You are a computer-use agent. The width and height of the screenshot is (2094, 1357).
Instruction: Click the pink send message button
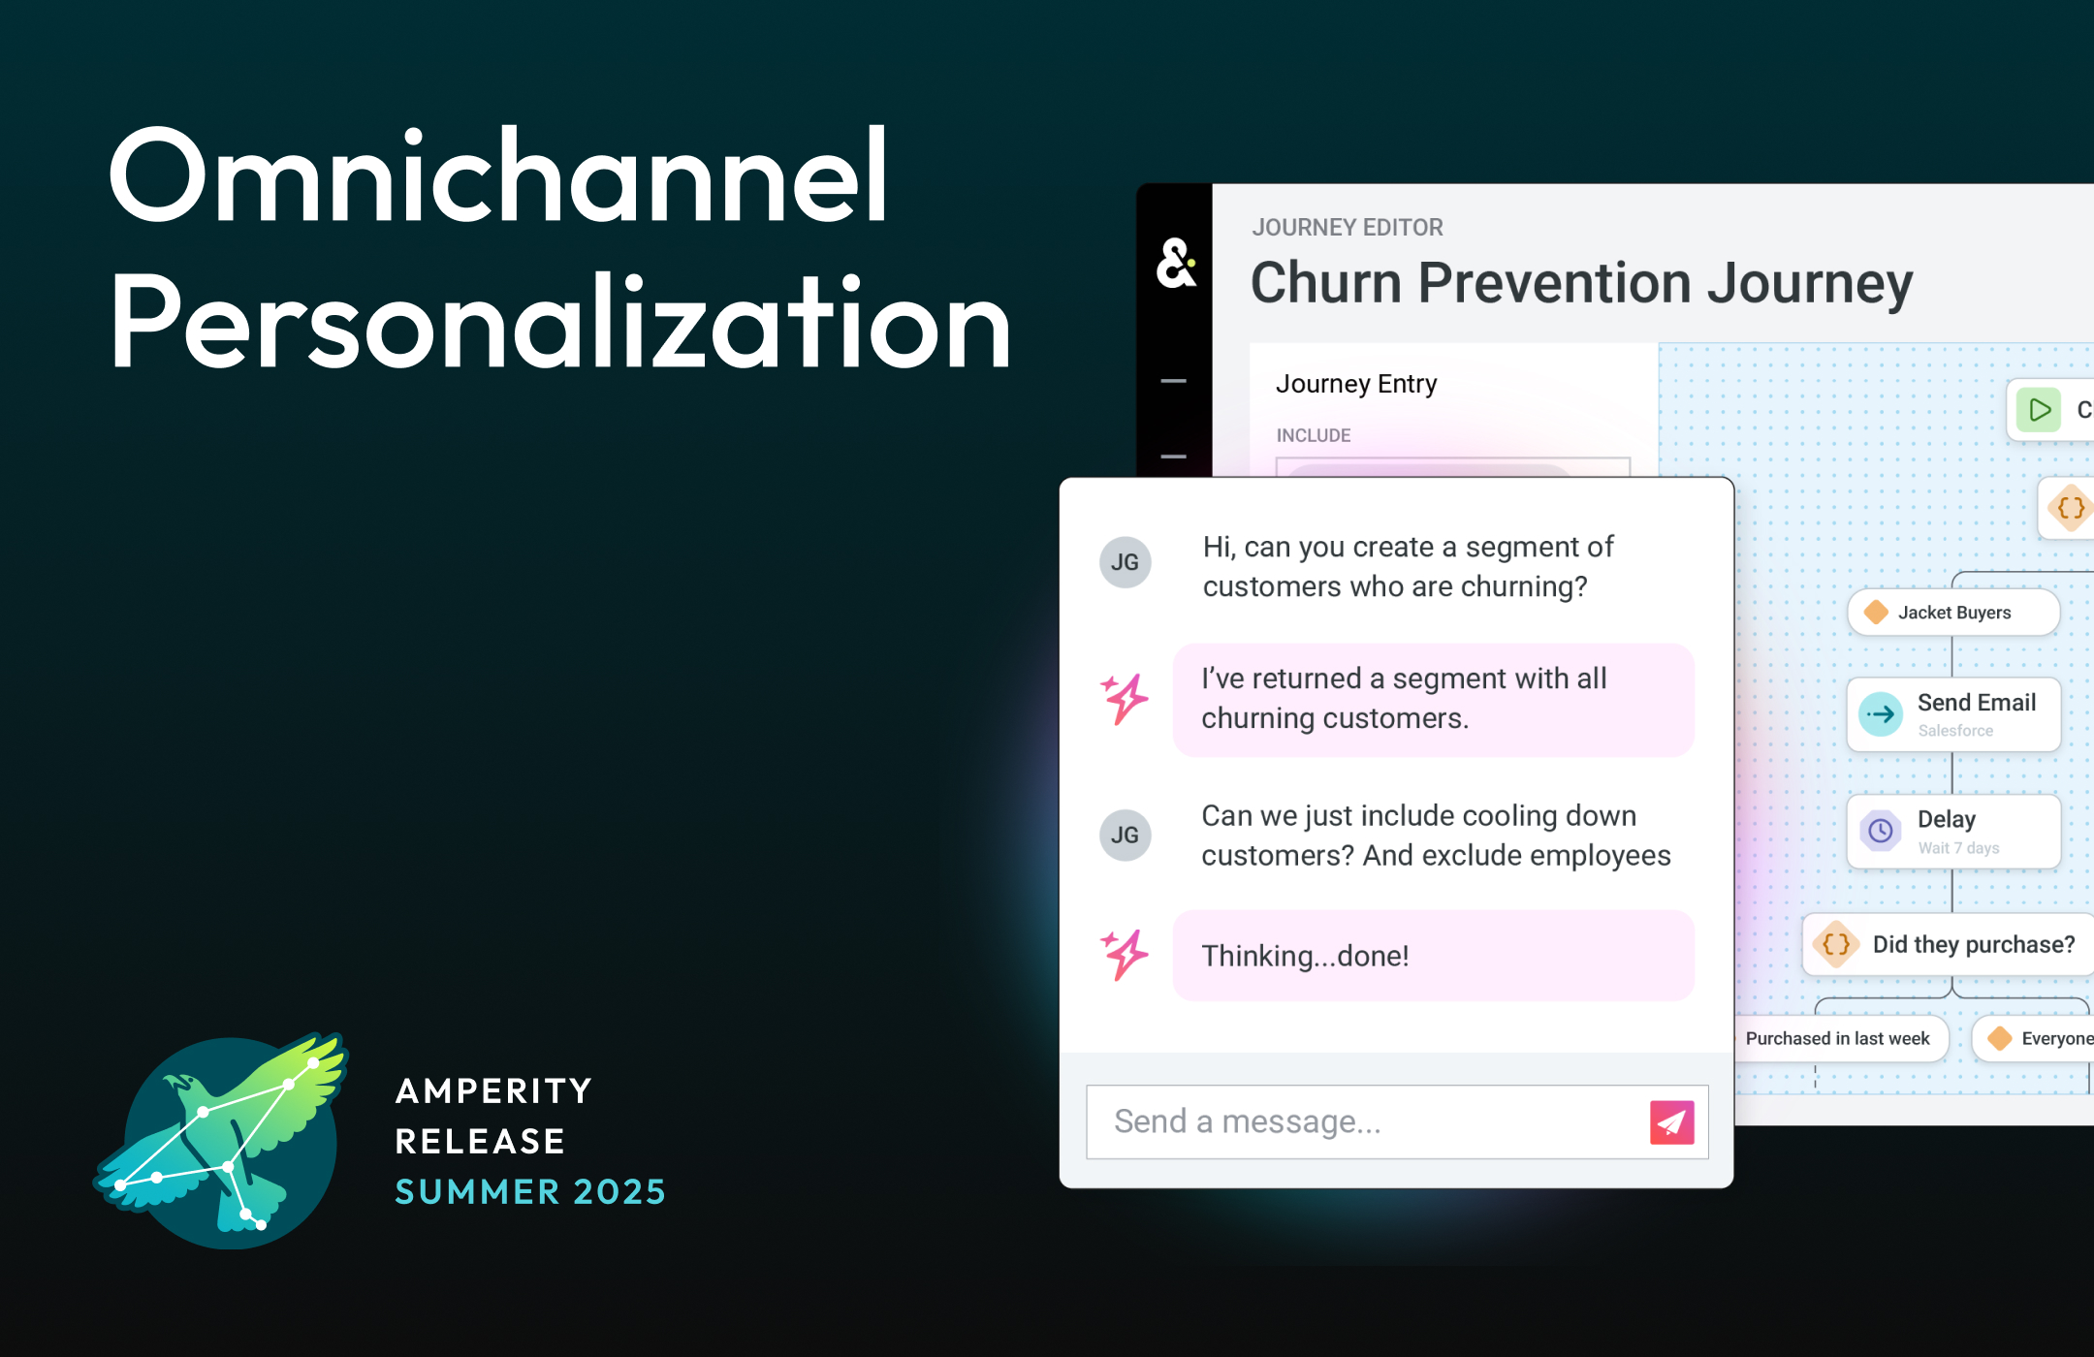coord(1671,1121)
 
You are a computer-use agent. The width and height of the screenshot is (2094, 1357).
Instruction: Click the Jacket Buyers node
coord(1952,613)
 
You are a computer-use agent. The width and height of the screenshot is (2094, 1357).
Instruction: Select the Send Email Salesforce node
coord(1952,714)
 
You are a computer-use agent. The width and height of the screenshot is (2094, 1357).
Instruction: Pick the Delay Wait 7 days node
coord(1952,832)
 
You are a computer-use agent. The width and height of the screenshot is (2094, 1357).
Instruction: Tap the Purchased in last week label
coord(1837,1038)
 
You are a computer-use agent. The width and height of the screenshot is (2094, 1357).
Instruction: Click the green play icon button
coord(2040,410)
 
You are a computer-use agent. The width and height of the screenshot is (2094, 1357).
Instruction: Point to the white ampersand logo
coord(1175,263)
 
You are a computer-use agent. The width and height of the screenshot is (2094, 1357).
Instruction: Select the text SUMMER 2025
coord(530,1191)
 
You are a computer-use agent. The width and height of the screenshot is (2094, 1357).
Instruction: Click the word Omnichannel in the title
coord(498,176)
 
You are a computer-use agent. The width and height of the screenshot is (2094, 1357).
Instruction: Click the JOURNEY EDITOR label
coord(1347,228)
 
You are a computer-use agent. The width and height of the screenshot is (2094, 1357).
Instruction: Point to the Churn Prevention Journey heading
coord(1581,283)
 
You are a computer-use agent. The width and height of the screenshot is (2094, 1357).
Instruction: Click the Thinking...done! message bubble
coord(1433,956)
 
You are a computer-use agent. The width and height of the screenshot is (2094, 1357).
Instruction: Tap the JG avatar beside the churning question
coord(1125,562)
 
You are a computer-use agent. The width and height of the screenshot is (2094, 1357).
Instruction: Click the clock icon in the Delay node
coord(1881,831)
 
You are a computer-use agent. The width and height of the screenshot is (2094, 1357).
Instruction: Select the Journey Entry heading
coord(1355,384)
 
